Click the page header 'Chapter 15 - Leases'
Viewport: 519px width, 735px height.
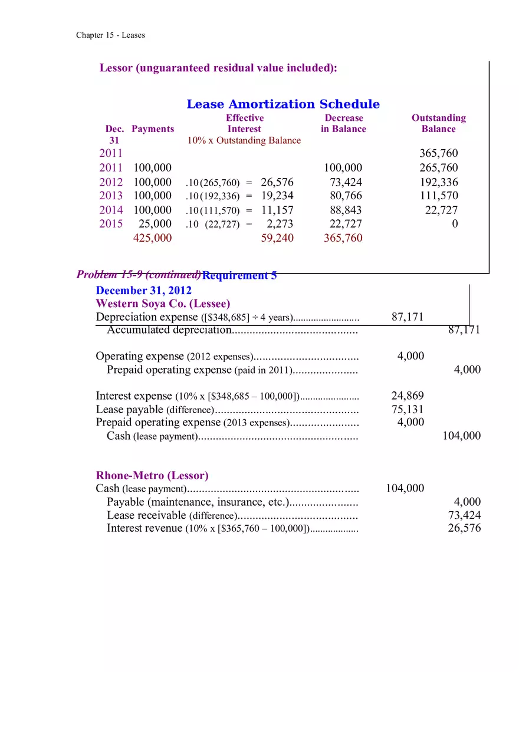pyautogui.click(x=110, y=35)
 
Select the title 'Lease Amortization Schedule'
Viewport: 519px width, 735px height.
pyautogui.click(x=283, y=104)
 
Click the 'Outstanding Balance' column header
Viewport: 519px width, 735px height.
pyautogui.click(x=438, y=123)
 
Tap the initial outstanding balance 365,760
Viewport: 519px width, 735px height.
pyautogui.click(x=438, y=153)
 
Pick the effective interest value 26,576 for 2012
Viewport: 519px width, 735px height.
pyautogui.click(x=277, y=182)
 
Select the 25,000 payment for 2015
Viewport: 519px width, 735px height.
pyautogui.click(x=155, y=224)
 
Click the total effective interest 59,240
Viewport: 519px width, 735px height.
pyautogui.click(x=277, y=238)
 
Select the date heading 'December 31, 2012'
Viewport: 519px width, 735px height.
pyautogui.click(x=143, y=291)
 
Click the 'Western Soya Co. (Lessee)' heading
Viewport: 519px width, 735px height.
pyautogui.click(x=163, y=304)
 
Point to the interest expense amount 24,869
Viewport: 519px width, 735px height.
pyautogui.click(x=407, y=395)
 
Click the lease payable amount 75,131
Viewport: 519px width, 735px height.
pyautogui.click(x=407, y=409)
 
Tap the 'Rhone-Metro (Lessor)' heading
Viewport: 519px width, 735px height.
pyautogui.click(x=152, y=475)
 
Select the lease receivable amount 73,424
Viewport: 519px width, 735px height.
pyautogui.click(x=464, y=515)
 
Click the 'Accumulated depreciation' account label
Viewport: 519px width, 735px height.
pyautogui.click(x=168, y=330)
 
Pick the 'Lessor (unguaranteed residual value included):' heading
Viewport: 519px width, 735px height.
pyautogui.click(x=218, y=68)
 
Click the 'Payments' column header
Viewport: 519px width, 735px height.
pyautogui.click(x=153, y=129)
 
